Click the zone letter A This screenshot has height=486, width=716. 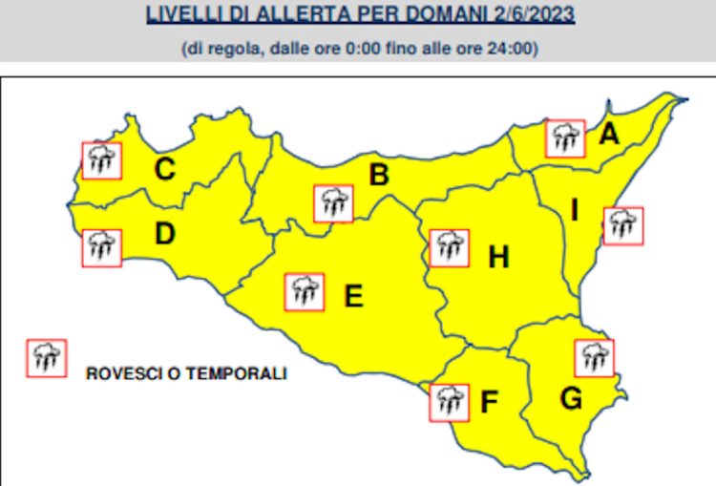click(608, 137)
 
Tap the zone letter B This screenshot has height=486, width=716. click(379, 175)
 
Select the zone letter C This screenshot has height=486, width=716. click(165, 171)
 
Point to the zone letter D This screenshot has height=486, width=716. click(163, 234)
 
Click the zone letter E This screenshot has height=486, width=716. click(353, 298)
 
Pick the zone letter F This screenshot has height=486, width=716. click(490, 403)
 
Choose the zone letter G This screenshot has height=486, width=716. click(571, 399)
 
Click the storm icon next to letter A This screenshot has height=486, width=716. click(564, 138)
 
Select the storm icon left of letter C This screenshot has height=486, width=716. click(101, 160)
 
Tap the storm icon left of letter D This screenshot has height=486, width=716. click(101, 248)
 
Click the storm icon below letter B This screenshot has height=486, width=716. click(333, 203)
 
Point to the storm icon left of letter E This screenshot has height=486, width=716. click(305, 292)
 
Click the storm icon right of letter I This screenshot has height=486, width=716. click(623, 225)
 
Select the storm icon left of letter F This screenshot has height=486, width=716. click(449, 402)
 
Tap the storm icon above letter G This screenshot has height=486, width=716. click(595, 358)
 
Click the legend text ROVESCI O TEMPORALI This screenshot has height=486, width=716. click(186, 373)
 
